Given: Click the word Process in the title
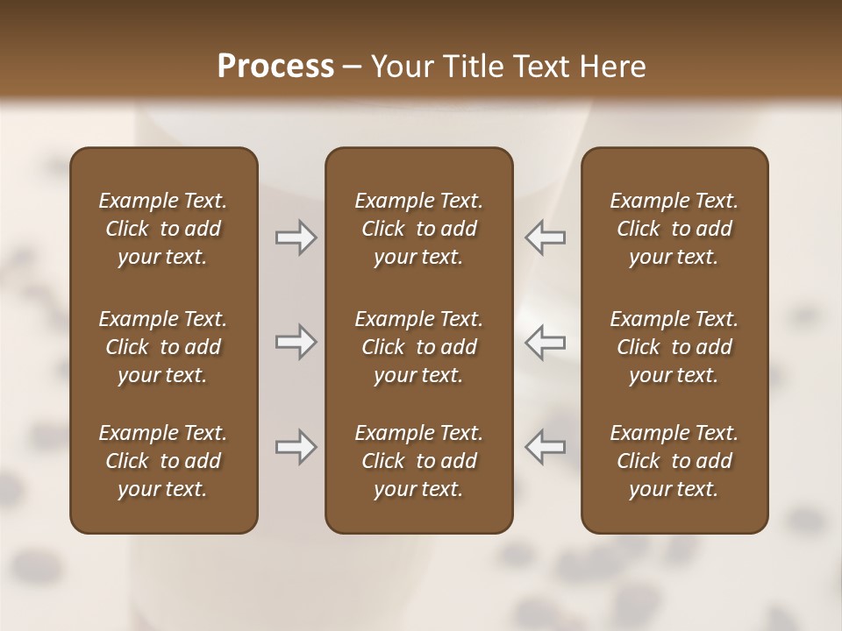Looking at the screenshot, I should pyautogui.click(x=275, y=67).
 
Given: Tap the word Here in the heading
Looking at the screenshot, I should pyautogui.click(x=613, y=67).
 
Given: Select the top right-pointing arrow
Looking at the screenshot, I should pyautogui.click(x=296, y=238).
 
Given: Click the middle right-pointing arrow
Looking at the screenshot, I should pyautogui.click(x=296, y=342).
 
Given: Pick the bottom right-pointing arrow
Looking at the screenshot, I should pyautogui.click(x=296, y=447).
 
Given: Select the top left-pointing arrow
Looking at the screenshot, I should pyautogui.click(x=545, y=238).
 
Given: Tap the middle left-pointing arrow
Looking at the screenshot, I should pyautogui.click(x=545, y=342).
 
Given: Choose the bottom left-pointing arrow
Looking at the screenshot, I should pyautogui.click(x=545, y=447).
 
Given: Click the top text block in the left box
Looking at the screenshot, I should pyautogui.click(x=163, y=229).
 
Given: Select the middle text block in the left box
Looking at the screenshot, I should pyautogui.click(x=163, y=347).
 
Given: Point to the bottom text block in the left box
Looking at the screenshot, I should pyautogui.click(x=163, y=461).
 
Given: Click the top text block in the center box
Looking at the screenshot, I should pyautogui.click(x=418, y=229).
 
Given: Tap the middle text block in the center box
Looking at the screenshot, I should pyautogui.click(x=418, y=347).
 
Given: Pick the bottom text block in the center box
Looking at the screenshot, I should pyautogui.click(x=418, y=461).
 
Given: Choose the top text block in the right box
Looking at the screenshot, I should pyautogui.click(x=674, y=229).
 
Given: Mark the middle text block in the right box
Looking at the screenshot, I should pyautogui.click(x=674, y=347).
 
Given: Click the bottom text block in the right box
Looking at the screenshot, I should pyautogui.click(x=674, y=461).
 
